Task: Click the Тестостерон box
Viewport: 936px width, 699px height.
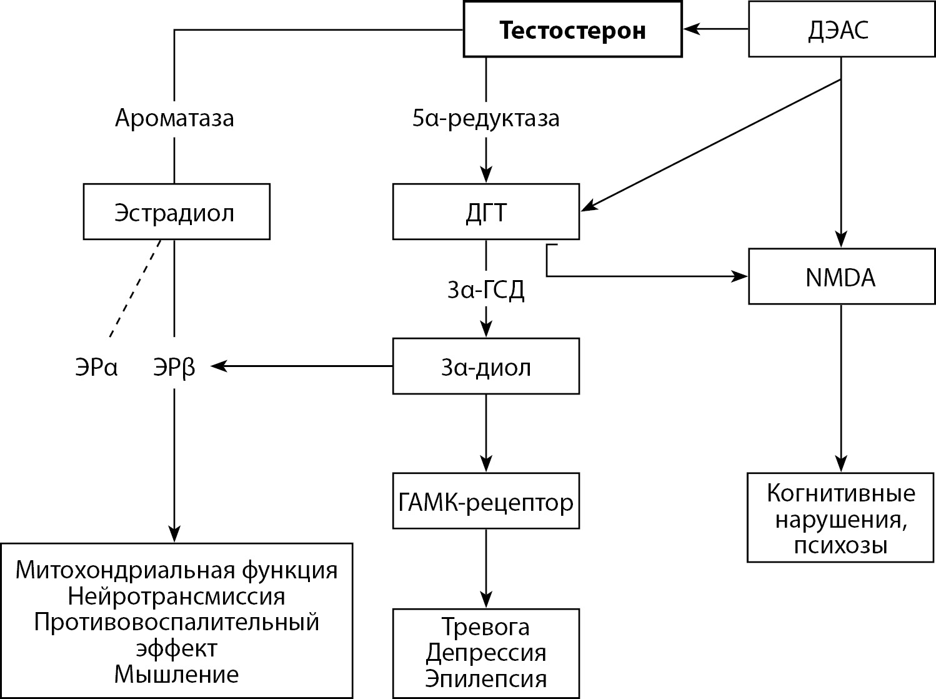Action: [572, 29]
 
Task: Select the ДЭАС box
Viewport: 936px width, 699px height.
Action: [838, 29]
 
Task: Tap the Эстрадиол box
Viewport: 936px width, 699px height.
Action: [176, 212]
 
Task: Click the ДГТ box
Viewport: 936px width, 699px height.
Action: [485, 212]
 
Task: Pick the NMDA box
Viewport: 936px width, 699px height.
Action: [840, 277]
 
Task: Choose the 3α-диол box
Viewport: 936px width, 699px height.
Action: [485, 366]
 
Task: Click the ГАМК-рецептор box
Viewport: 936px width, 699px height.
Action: [485, 501]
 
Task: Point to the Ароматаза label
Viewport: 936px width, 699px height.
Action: [174, 118]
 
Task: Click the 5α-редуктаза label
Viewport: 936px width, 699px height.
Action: [485, 118]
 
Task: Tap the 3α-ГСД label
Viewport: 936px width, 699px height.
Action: [485, 289]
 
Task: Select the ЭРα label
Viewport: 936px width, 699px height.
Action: [96, 368]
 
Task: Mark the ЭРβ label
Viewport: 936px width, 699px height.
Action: [174, 368]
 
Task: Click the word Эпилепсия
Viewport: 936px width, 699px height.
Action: [485, 678]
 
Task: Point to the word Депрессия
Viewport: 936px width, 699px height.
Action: [485, 653]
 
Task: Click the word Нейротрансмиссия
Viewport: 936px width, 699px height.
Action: [176, 596]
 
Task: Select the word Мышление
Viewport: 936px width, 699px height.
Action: [176, 674]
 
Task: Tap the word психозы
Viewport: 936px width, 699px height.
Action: [840, 546]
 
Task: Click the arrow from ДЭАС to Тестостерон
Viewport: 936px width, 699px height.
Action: [715, 29]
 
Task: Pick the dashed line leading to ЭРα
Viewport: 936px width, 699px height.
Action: [135, 288]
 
